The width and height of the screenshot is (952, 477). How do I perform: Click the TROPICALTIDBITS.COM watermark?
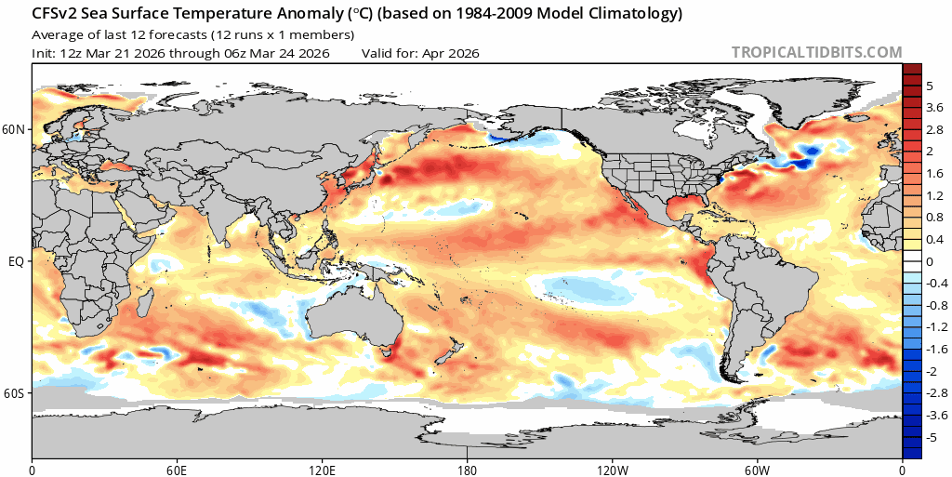[816, 53]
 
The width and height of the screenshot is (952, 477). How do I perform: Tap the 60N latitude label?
[14, 129]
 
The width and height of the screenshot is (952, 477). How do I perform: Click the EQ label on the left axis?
[16, 261]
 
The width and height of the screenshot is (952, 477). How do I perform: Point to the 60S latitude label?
[14, 393]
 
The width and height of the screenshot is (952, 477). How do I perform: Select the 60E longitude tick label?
[177, 469]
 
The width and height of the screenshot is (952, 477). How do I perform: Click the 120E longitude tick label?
[322, 469]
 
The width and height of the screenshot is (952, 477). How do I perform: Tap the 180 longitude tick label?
[468, 469]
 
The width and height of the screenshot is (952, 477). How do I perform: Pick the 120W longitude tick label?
[613, 469]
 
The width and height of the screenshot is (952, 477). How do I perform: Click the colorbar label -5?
[932, 437]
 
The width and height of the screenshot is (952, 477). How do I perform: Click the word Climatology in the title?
[637, 15]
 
